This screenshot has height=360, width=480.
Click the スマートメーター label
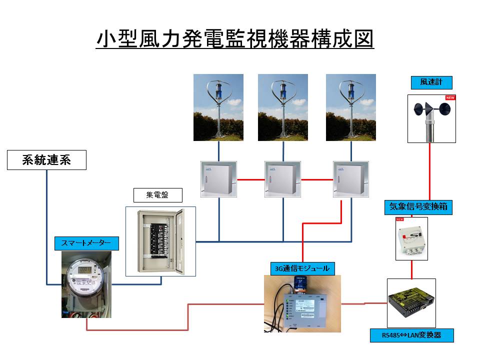[x=86, y=243]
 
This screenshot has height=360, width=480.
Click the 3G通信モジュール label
[x=302, y=268]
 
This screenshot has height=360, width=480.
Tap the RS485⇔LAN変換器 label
[x=411, y=335]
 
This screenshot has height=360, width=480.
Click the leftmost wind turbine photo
[x=218, y=107]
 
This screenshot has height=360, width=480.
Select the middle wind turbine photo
[x=282, y=107]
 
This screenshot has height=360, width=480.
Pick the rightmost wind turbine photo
[x=350, y=107]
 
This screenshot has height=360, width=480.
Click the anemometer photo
[x=431, y=118]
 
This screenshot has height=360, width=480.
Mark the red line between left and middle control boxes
[x=250, y=179]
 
